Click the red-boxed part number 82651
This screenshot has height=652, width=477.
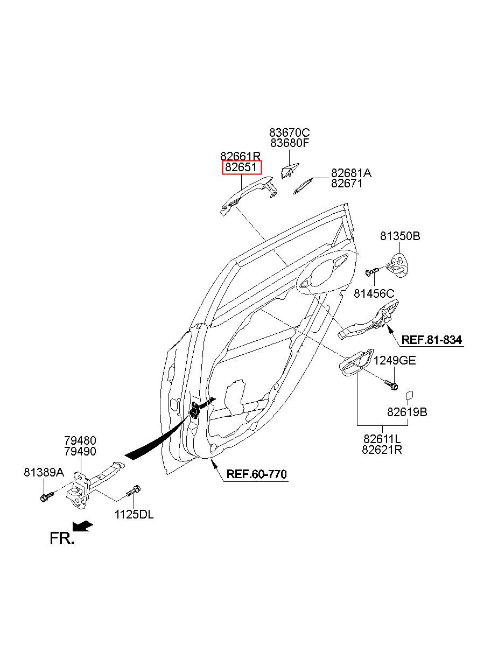click(241, 167)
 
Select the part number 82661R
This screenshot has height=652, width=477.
click(241, 156)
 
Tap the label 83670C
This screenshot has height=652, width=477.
click(289, 133)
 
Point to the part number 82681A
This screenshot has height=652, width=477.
click(351, 173)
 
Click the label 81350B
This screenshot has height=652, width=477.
click(400, 236)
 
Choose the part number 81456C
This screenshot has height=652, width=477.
click(374, 293)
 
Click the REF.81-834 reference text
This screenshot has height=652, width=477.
click(432, 340)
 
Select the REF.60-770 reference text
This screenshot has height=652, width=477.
click(256, 474)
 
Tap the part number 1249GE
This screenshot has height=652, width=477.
click(394, 361)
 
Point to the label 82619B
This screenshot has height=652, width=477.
click(407, 412)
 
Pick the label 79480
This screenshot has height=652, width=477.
click(80, 441)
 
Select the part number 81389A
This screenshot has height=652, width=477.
click(44, 473)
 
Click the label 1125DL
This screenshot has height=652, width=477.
click(134, 515)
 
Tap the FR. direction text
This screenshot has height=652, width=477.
click(62, 538)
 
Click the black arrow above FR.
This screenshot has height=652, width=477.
click(83, 526)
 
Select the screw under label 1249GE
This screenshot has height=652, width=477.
click(390, 385)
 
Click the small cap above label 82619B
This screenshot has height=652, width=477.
click(410, 395)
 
